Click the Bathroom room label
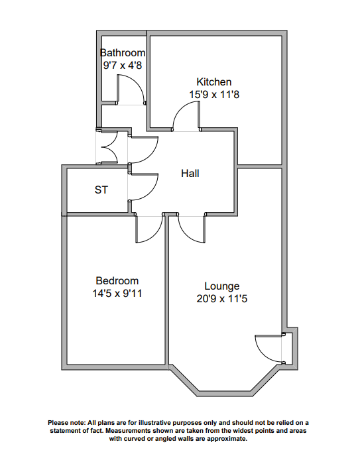(x=123, y=53)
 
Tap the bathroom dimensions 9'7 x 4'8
(x=123, y=65)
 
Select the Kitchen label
(x=214, y=82)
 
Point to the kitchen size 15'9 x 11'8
(x=214, y=95)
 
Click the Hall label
(x=190, y=173)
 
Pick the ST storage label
(x=101, y=190)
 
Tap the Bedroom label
(x=117, y=280)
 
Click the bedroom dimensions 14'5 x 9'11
(x=117, y=294)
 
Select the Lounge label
(x=222, y=286)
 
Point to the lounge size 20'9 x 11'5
(x=222, y=299)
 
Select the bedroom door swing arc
(x=154, y=234)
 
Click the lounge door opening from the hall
(x=186, y=234)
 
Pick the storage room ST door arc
(x=151, y=193)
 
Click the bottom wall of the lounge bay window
(x=225, y=394)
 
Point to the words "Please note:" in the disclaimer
(x=66, y=423)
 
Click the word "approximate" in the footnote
(x=226, y=439)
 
